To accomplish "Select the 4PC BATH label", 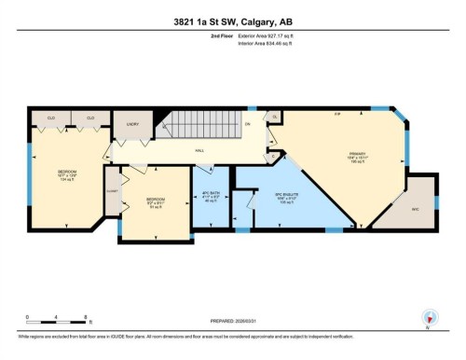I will click(211, 196).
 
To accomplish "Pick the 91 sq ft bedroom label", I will click(156, 202).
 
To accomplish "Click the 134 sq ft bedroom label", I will click(67, 174).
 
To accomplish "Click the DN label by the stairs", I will click(248, 124).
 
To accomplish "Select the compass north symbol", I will click(430, 318).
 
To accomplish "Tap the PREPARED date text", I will click(233, 321).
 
